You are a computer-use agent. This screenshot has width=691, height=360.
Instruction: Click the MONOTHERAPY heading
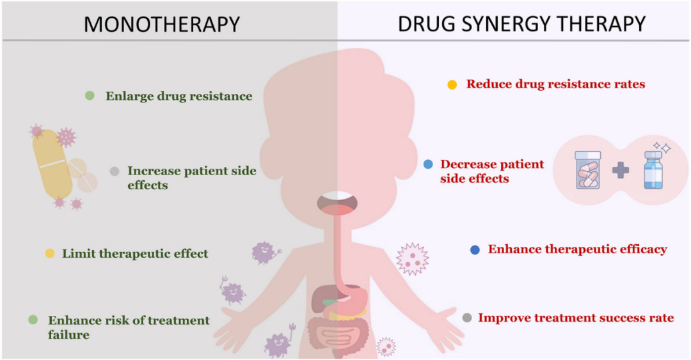pyautogui.click(x=161, y=24)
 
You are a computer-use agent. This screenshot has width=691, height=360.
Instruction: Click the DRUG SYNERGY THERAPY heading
pyautogui.click(x=521, y=24)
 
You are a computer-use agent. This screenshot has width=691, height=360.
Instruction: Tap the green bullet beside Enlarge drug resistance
pyautogui.click(x=90, y=96)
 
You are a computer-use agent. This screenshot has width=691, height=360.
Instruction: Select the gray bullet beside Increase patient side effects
pyautogui.click(x=115, y=171)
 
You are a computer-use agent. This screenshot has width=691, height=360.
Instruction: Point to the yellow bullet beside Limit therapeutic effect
pyautogui.click(x=49, y=253)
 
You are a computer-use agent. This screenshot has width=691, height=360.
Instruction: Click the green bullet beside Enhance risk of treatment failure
pyautogui.click(x=33, y=320)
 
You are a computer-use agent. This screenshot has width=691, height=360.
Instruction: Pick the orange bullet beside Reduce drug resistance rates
pyautogui.click(x=452, y=84)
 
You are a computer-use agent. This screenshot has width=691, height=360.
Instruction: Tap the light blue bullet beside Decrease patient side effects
pyautogui.click(x=429, y=164)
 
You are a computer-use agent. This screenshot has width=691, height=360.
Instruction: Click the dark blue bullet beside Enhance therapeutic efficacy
pyautogui.click(x=475, y=250)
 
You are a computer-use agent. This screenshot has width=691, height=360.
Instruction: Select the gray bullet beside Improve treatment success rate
pyautogui.click(x=466, y=318)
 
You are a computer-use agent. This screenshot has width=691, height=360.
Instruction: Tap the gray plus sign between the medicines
pyautogui.click(x=619, y=171)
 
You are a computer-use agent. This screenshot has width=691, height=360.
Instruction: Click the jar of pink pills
pyautogui.click(x=588, y=170)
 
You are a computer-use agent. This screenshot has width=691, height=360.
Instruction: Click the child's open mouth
pyautogui.click(x=338, y=201)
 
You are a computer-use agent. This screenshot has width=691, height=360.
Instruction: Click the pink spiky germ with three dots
pyautogui.click(x=411, y=259)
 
